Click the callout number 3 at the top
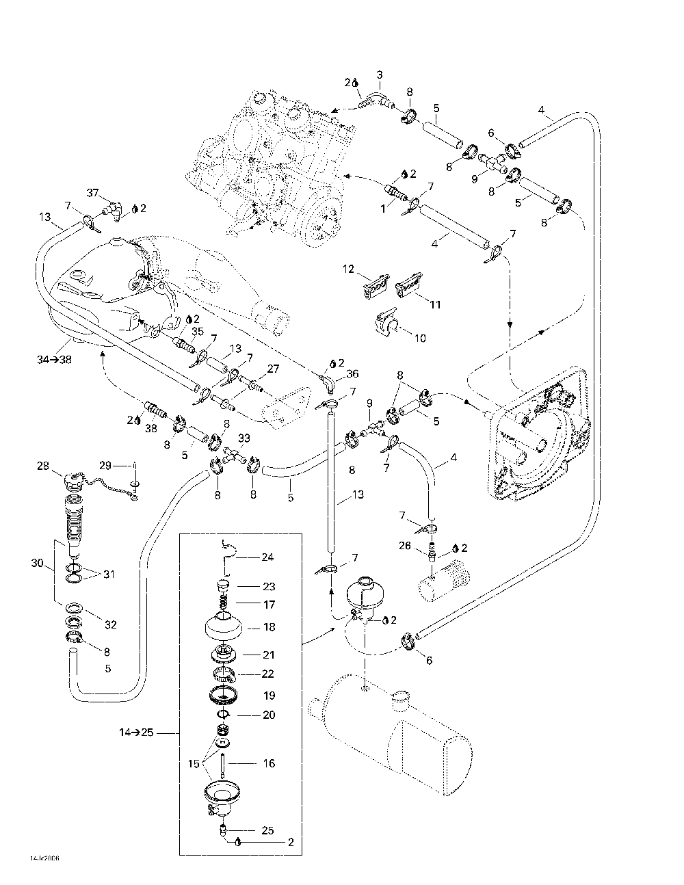tap(380, 75)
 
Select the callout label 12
tap(349, 269)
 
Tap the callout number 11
tap(435, 304)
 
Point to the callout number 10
tap(420, 338)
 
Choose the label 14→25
tap(135, 732)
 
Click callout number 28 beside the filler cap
tap(43, 466)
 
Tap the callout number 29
tap(105, 466)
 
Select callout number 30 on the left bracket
tap(37, 563)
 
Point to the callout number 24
tap(267, 557)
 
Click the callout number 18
tap(269, 626)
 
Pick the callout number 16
tap(269, 763)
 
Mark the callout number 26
tap(405, 545)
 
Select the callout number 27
tap(273, 369)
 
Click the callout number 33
tap(244, 438)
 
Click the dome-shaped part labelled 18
tap(221, 626)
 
